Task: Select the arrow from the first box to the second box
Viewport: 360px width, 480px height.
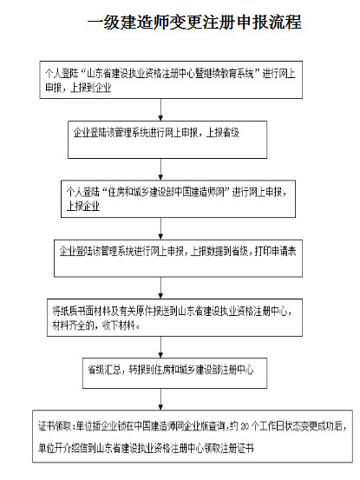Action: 157,107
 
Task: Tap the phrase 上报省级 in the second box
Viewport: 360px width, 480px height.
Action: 224,133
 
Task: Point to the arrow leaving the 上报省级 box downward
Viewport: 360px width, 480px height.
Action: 157,168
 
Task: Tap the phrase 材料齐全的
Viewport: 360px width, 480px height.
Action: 72,325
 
